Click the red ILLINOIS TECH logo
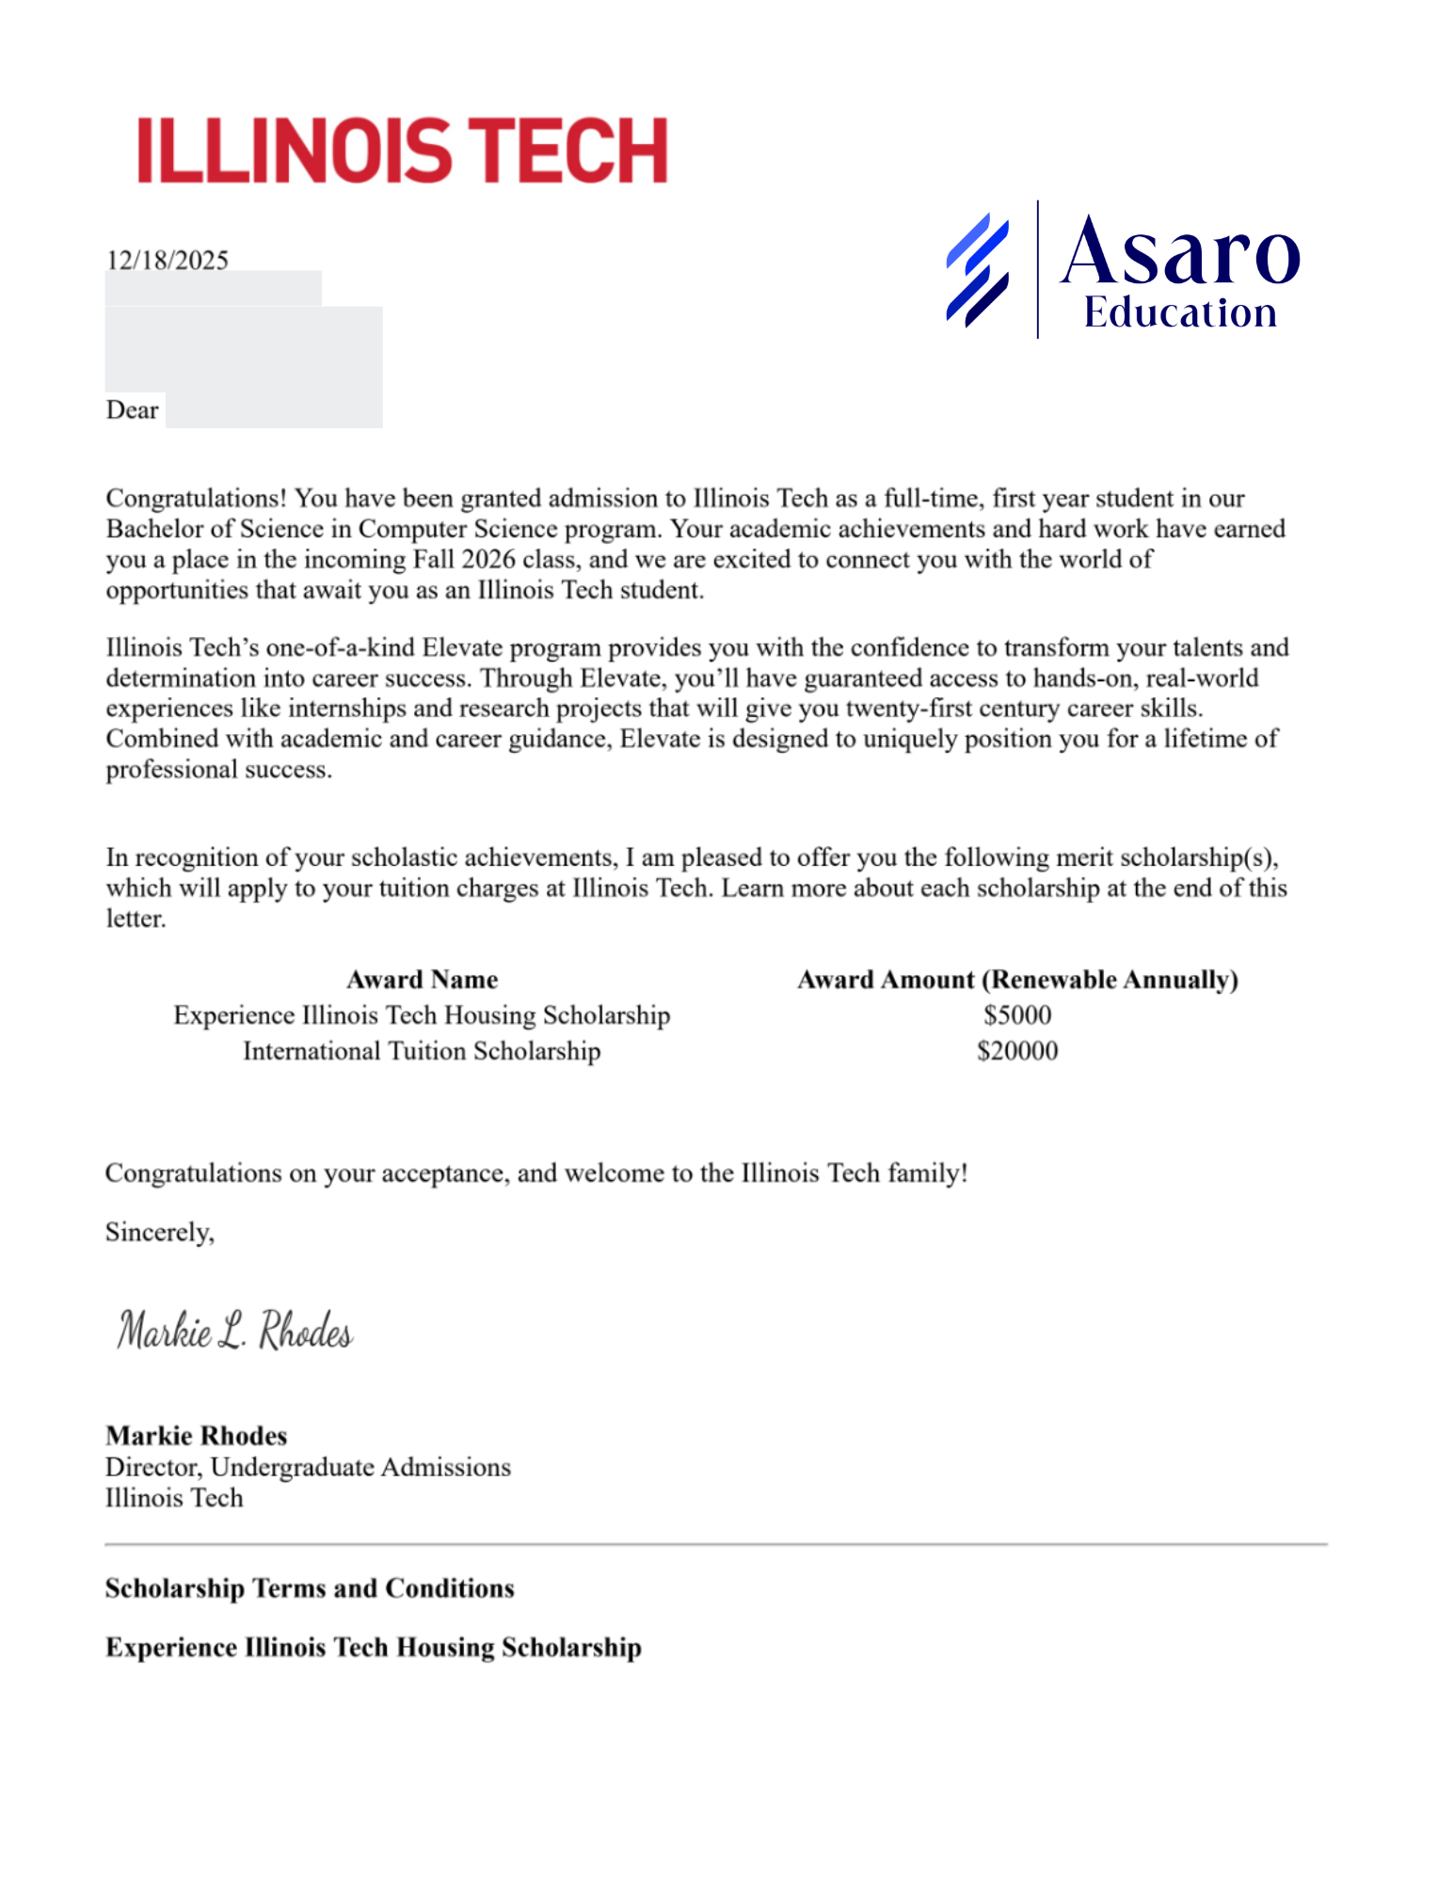coord(402,151)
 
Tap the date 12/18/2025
coord(167,260)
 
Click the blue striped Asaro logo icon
coord(977,270)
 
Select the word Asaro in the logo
coord(1180,251)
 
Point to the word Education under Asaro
coord(1180,313)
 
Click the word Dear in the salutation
coord(132,410)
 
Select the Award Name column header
coord(422,980)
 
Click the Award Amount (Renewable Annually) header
coord(1017,980)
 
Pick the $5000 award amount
coord(1017,1015)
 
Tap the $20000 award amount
coord(1017,1051)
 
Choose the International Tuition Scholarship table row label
coord(422,1051)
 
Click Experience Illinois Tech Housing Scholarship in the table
coord(422,1015)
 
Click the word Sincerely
coord(159,1232)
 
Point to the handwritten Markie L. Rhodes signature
coord(234,1331)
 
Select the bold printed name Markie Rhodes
coord(196,1436)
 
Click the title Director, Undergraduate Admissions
coord(308,1467)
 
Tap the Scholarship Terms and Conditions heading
coord(310,1588)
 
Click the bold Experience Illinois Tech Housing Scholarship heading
coord(374,1648)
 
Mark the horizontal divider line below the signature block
coord(715,1544)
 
